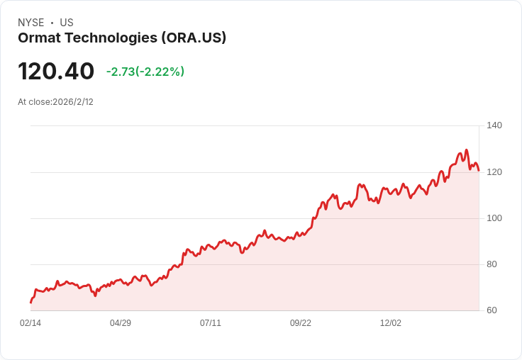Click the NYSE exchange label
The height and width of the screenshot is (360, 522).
(x=30, y=23)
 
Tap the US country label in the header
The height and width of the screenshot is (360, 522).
(x=67, y=23)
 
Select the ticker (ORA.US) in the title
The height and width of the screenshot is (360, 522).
(x=194, y=38)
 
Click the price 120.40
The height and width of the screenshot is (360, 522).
(x=56, y=72)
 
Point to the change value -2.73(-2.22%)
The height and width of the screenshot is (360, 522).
(x=145, y=72)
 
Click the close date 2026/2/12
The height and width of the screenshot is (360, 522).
(x=73, y=102)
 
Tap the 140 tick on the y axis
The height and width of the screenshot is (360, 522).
(x=494, y=125)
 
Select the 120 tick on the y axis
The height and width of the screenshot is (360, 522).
(x=494, y=171)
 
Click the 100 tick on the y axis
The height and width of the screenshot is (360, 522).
(x=494, y=218)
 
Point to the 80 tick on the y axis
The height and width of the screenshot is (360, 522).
(x=492, y=264)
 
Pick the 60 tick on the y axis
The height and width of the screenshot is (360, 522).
(x=492, y=310)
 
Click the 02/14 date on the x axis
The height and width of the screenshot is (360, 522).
(x=30, y=323)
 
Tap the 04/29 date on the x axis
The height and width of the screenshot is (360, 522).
(x=121, y=323)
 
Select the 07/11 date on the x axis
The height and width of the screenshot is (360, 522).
(x=211, y=323)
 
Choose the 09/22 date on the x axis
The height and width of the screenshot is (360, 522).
(x=301, y=323)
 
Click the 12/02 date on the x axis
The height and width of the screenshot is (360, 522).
(x=391, y=323)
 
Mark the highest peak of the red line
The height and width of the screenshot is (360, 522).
(x=466, y=150)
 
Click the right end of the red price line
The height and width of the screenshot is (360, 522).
(x=479, y=170)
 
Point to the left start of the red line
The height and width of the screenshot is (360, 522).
(x=31, y=303)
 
